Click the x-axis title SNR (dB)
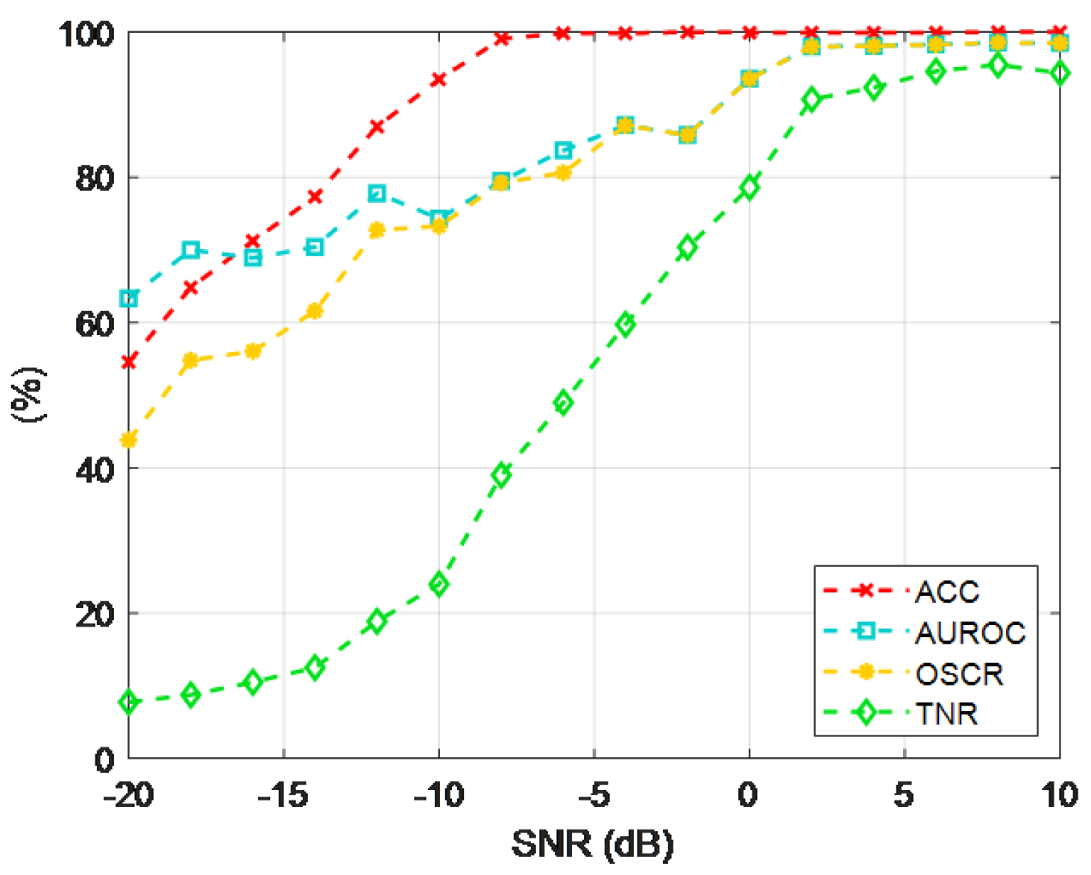click(x=593, y=844)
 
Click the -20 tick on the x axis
click(x=129, y=795)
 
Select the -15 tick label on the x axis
click(x=283, y=795)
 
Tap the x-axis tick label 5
click(x=904, y=795)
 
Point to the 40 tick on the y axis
click(x=95, y=469)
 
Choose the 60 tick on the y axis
click(x=95, y=324)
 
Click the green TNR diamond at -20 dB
click(x=129, y=702)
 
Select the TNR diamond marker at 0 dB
click(x=749, y=187)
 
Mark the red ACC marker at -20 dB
click(x=129, y=362)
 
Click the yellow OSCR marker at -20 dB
click(x=129, y=440)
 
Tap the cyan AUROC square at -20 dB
click(x=129, y=299)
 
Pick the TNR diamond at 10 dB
click(x=1059, y=73)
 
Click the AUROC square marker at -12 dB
click(x=377, y=193)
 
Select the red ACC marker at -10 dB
click(x=438, y=79)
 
